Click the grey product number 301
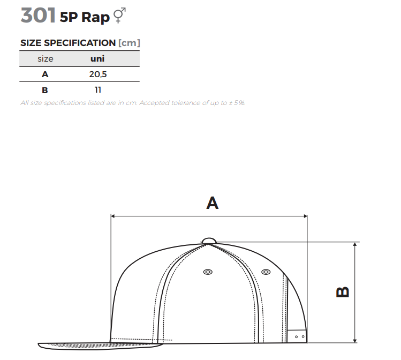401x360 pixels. point(38,16)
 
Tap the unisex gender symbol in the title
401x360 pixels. point(119,16)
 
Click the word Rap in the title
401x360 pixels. point(96,18)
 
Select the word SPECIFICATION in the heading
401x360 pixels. point(80,43)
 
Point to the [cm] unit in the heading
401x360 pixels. point(129,43)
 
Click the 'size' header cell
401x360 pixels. point(46,59)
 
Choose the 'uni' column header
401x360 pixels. point(97,58)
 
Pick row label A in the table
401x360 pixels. point(45,74)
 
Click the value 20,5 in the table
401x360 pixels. point(98,74)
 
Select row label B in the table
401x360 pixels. point(45,90)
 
